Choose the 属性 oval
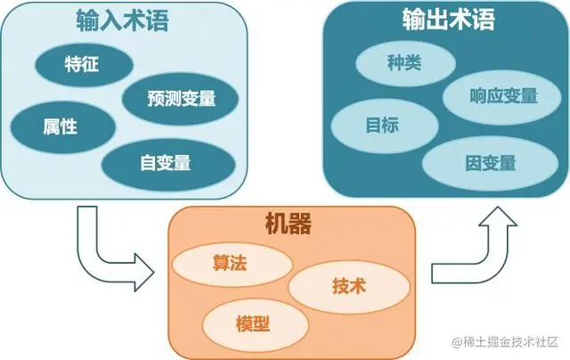pyautogui.click(x=60, y=126)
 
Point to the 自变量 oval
pyautogui.click(x=167, y=162)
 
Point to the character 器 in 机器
pyautogui.click(x=302, y=224)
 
